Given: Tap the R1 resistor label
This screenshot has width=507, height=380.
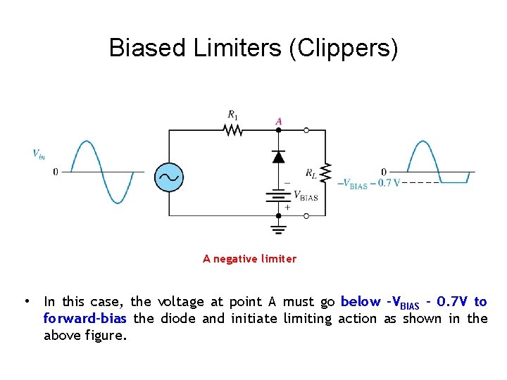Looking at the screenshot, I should (232, 114).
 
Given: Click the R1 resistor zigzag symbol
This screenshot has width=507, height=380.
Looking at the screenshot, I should (232, 130).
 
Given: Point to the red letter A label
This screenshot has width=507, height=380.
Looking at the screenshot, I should (279, 122).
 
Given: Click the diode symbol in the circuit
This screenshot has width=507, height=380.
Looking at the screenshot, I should (279, 156).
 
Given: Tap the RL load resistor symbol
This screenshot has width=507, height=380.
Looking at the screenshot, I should (325, 171).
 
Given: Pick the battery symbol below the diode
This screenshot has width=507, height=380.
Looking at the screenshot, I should (279, 196).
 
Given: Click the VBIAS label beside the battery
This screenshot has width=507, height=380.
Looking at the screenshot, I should (305, 196).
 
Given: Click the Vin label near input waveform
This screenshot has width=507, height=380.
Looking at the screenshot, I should (39, 153).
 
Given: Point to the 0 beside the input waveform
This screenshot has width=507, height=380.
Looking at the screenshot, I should (56, 171).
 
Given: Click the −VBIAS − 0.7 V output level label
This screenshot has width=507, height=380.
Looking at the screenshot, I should (368, 184).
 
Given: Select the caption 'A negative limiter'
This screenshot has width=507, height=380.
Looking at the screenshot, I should (250, 259).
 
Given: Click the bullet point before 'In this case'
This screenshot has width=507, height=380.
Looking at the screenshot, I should (25, 301).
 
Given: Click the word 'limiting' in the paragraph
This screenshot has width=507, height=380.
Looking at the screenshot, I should (307, 318).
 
